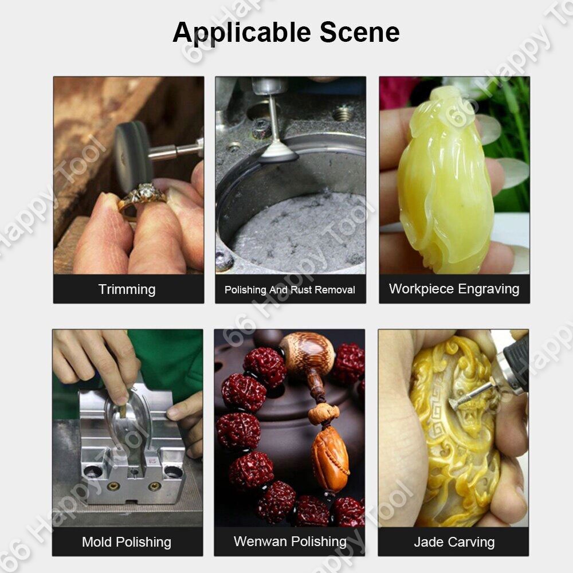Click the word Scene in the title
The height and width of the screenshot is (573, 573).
tap(360, 32)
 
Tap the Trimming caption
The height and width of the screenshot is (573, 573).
tap(127, 290)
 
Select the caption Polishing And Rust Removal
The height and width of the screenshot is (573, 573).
tap(290, 290)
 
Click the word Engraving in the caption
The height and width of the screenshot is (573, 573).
tap(489, 289)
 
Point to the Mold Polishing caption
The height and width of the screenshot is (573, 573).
tap(127, 542)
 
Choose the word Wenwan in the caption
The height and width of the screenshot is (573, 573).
tap(260, 541)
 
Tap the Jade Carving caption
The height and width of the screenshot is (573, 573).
tap(454, 542)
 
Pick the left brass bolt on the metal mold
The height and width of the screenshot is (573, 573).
tap(113, 486)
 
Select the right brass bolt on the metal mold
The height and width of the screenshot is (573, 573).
tap(154, 486)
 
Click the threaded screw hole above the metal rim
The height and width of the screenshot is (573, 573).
tap(343, 113)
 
